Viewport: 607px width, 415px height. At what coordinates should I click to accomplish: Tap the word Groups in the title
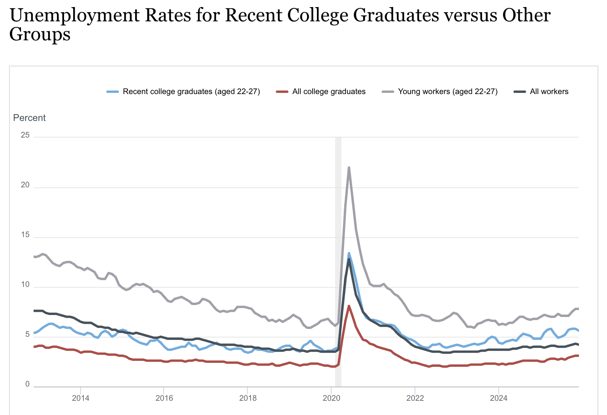pyautogui.click(x=40, y=34)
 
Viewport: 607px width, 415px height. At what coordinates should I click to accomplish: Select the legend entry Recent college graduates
pyautogui.click(x=191, y=92)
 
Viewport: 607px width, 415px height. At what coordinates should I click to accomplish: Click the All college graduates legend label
pyautogui.click(x=329, y=92)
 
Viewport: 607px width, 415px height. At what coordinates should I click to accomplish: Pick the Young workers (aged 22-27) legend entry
pyautogui.click(x=447, y=92)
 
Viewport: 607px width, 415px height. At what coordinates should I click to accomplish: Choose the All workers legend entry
pyautogui.click(x=549, y=92)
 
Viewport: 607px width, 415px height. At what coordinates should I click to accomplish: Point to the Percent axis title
pyautogui.click(x=29, y=118)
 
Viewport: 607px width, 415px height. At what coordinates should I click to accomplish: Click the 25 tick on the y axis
pyautogui.click(x=25, y=135)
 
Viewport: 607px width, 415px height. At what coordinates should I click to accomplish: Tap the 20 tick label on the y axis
pyautogui.click(x=25, y=185)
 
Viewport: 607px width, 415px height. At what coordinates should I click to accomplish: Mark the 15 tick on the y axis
pyautogui.click(x=25, y=235)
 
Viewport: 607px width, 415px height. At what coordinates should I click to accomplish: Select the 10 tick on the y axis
pyautogui.click(x=25, y=285)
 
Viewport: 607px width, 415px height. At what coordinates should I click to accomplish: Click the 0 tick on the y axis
pyautogui.click(x=27, y=385)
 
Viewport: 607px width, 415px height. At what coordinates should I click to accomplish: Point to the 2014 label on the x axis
pyautogui.click(x=81, y=398)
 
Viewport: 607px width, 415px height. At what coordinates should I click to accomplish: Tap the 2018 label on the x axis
pyautogui.click(x=248, y=398)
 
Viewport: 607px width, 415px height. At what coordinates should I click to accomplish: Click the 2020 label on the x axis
pyautogui.click(x=332, y=398)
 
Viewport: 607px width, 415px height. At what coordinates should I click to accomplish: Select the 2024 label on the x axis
pyautogui.click(x=499, y=398)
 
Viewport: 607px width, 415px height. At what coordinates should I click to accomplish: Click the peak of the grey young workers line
pyautogui.click(x=349, y=168)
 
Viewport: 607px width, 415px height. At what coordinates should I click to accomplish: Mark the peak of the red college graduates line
pyautogui.click(x=349, y=306)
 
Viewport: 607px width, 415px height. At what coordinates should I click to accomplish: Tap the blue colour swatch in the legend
pyautogui.click(x=113, y=92)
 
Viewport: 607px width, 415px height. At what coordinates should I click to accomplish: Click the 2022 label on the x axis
pyautogui.click(x=415, y=398)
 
